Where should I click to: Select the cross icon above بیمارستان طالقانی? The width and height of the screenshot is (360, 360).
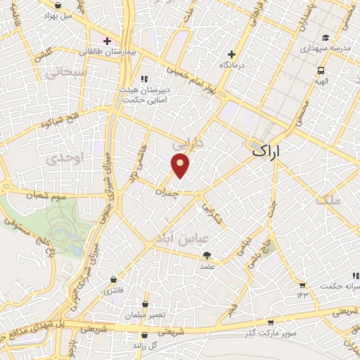pyautogui.click(x=106, y=40)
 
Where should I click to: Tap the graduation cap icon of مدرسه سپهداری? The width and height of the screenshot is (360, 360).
pyautogui.click(x=325, y=38)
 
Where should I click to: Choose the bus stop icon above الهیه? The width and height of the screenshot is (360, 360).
pyautogui.click(x=321, y=70)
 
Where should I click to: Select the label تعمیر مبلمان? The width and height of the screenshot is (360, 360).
pyautogui.click(x=145, y=316)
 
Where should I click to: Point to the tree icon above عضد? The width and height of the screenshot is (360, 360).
pyautogui.click(x=206, y=255)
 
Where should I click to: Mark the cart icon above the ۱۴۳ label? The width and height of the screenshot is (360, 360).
pyautogui.click(x=302, y=285)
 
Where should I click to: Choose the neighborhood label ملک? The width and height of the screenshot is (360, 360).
pyautogui.click(x=327, y=200)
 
